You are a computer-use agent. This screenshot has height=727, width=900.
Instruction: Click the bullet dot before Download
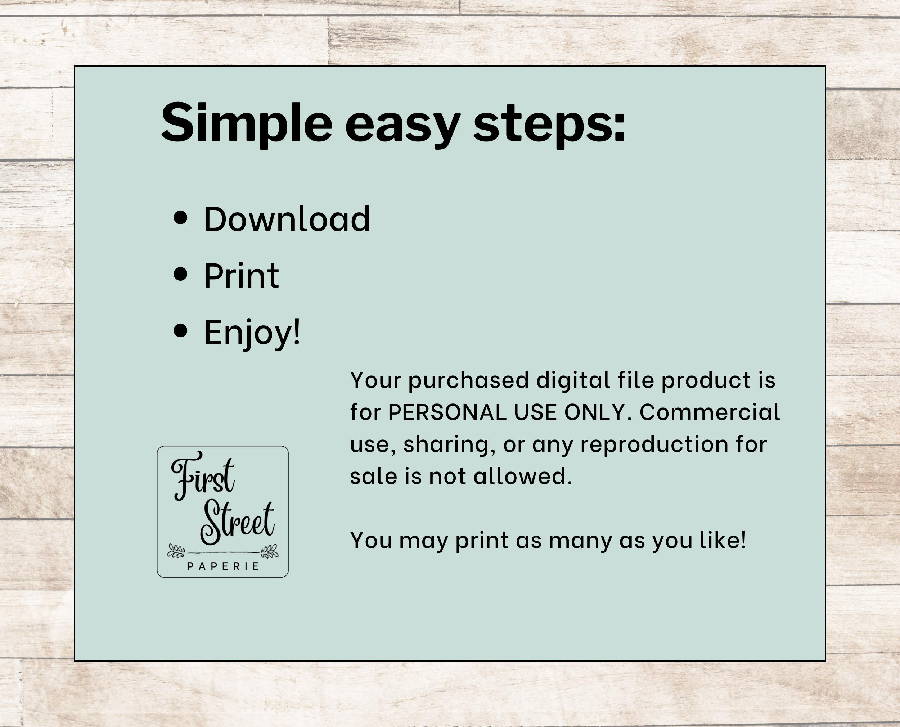tap(180, 218)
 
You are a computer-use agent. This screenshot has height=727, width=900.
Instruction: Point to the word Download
tap(287, 219)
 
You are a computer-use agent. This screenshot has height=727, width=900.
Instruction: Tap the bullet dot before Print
tap(180, 275)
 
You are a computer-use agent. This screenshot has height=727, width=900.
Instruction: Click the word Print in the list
tap(242, 276)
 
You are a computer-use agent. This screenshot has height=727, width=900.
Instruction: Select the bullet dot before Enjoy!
tap(180, 331)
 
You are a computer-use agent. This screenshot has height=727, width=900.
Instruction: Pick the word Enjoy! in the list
tap(252, 333)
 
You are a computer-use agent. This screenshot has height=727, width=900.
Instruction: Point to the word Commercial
tap(710, 412)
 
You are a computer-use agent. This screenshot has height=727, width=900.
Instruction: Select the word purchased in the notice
tap(469, 381)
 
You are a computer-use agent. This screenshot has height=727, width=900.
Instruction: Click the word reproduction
tap(654, 445)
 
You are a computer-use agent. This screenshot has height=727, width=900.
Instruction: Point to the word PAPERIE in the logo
tap(223, 566)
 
